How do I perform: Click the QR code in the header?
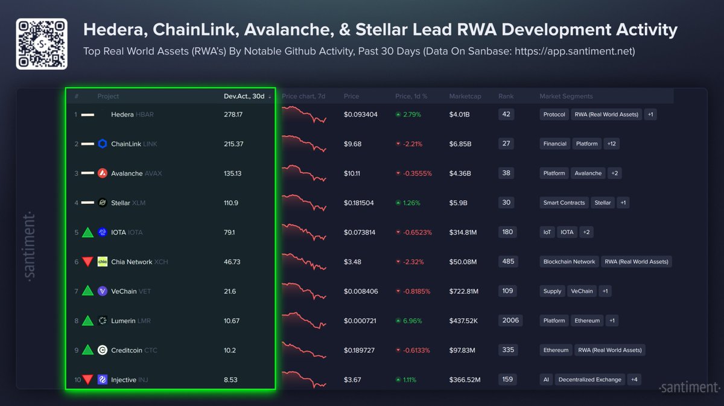41,44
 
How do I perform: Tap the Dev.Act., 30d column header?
244,97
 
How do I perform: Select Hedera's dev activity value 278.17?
233,115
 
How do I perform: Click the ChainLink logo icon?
103,144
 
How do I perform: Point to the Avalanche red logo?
103,173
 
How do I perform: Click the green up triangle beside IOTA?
87,232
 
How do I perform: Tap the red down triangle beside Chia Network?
87,262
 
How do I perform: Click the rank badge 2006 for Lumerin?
510,320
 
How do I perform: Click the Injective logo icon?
103,379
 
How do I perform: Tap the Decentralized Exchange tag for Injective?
589,379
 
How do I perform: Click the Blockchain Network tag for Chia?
569,262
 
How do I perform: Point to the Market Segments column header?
566,97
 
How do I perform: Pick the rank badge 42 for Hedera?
506,114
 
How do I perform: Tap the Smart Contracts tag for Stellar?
564,203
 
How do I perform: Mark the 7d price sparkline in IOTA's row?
304,232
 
